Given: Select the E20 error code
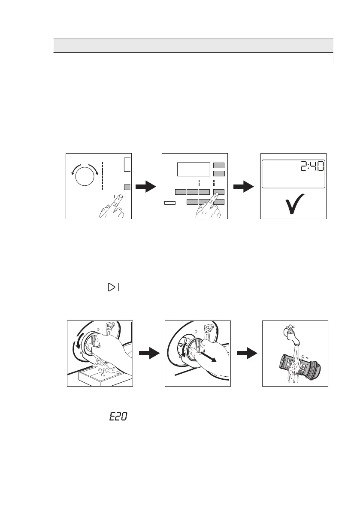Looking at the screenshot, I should [x=118, y=416].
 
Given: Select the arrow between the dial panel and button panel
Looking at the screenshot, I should [x=146, y=187].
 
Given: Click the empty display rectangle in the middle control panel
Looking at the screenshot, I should [x=193, y=169].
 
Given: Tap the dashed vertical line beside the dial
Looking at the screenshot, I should [x=103, y=176].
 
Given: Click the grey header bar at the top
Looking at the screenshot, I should [x=193, y=45].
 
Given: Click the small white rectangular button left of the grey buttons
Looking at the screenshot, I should [x=170, y=202].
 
